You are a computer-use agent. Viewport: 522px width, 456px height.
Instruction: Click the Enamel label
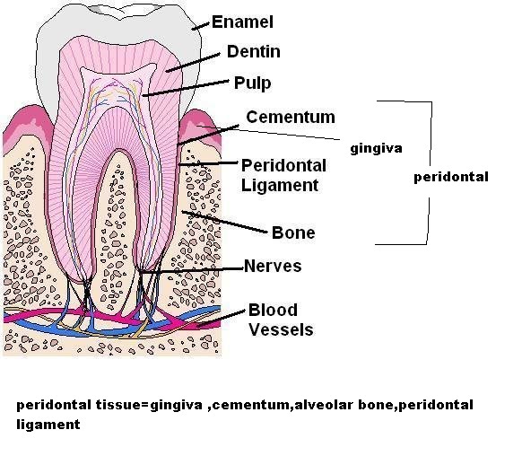(242, 22)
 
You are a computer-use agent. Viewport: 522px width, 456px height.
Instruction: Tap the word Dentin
(253, 52)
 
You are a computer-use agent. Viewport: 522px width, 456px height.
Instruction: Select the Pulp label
(252, 83)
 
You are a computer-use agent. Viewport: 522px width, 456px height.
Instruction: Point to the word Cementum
(291, 117)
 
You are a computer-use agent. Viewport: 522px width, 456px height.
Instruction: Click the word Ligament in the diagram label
(280, 185)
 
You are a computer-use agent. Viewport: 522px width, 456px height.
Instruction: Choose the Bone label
(293, 232)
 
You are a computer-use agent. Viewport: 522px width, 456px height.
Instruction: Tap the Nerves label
(273, 266)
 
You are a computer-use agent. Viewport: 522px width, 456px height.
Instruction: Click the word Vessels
(281, 329)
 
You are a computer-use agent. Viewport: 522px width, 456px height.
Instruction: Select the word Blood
(273, 310)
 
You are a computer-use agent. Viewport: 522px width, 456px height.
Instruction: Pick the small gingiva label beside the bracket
(376, 148)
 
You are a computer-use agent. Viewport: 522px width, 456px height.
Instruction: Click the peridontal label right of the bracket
(451, 177)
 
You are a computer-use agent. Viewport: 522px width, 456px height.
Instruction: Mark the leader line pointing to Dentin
(193, 62)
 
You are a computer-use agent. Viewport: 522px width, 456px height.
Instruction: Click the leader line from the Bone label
(224, 222)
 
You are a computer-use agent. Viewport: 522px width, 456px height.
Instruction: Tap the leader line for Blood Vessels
(220, 319)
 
